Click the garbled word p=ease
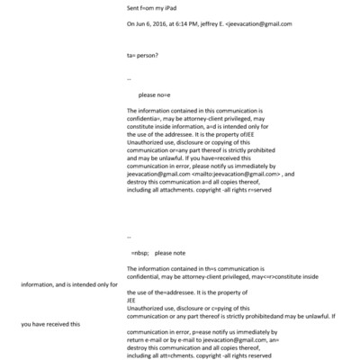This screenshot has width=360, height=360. click(x=204, y=330)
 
